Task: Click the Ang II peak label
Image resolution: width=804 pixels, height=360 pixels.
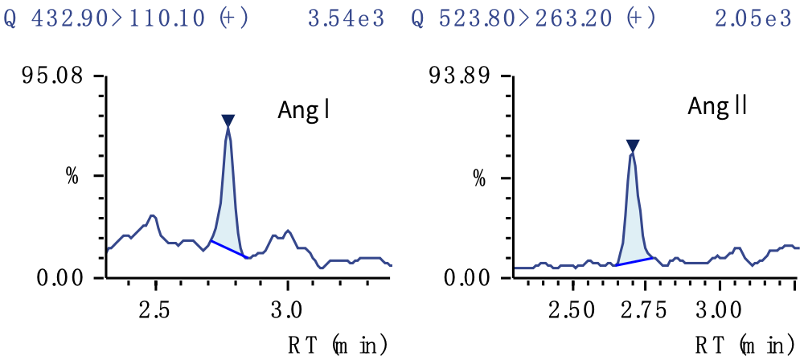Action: click(x=718, y=106)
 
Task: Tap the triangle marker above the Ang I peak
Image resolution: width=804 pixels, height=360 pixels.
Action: click(x=228, y=121)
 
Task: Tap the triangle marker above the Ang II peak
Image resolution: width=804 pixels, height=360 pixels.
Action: click(x=633, y=145)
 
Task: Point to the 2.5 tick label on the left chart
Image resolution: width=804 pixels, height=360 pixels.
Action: click(x=155, y=310)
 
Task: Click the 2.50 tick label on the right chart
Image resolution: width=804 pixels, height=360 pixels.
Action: click(x=572, y=310)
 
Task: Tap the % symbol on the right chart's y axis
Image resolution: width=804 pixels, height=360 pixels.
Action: click(x=479, y=178)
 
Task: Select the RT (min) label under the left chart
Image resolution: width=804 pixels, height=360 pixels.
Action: click(x=338, y=346)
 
